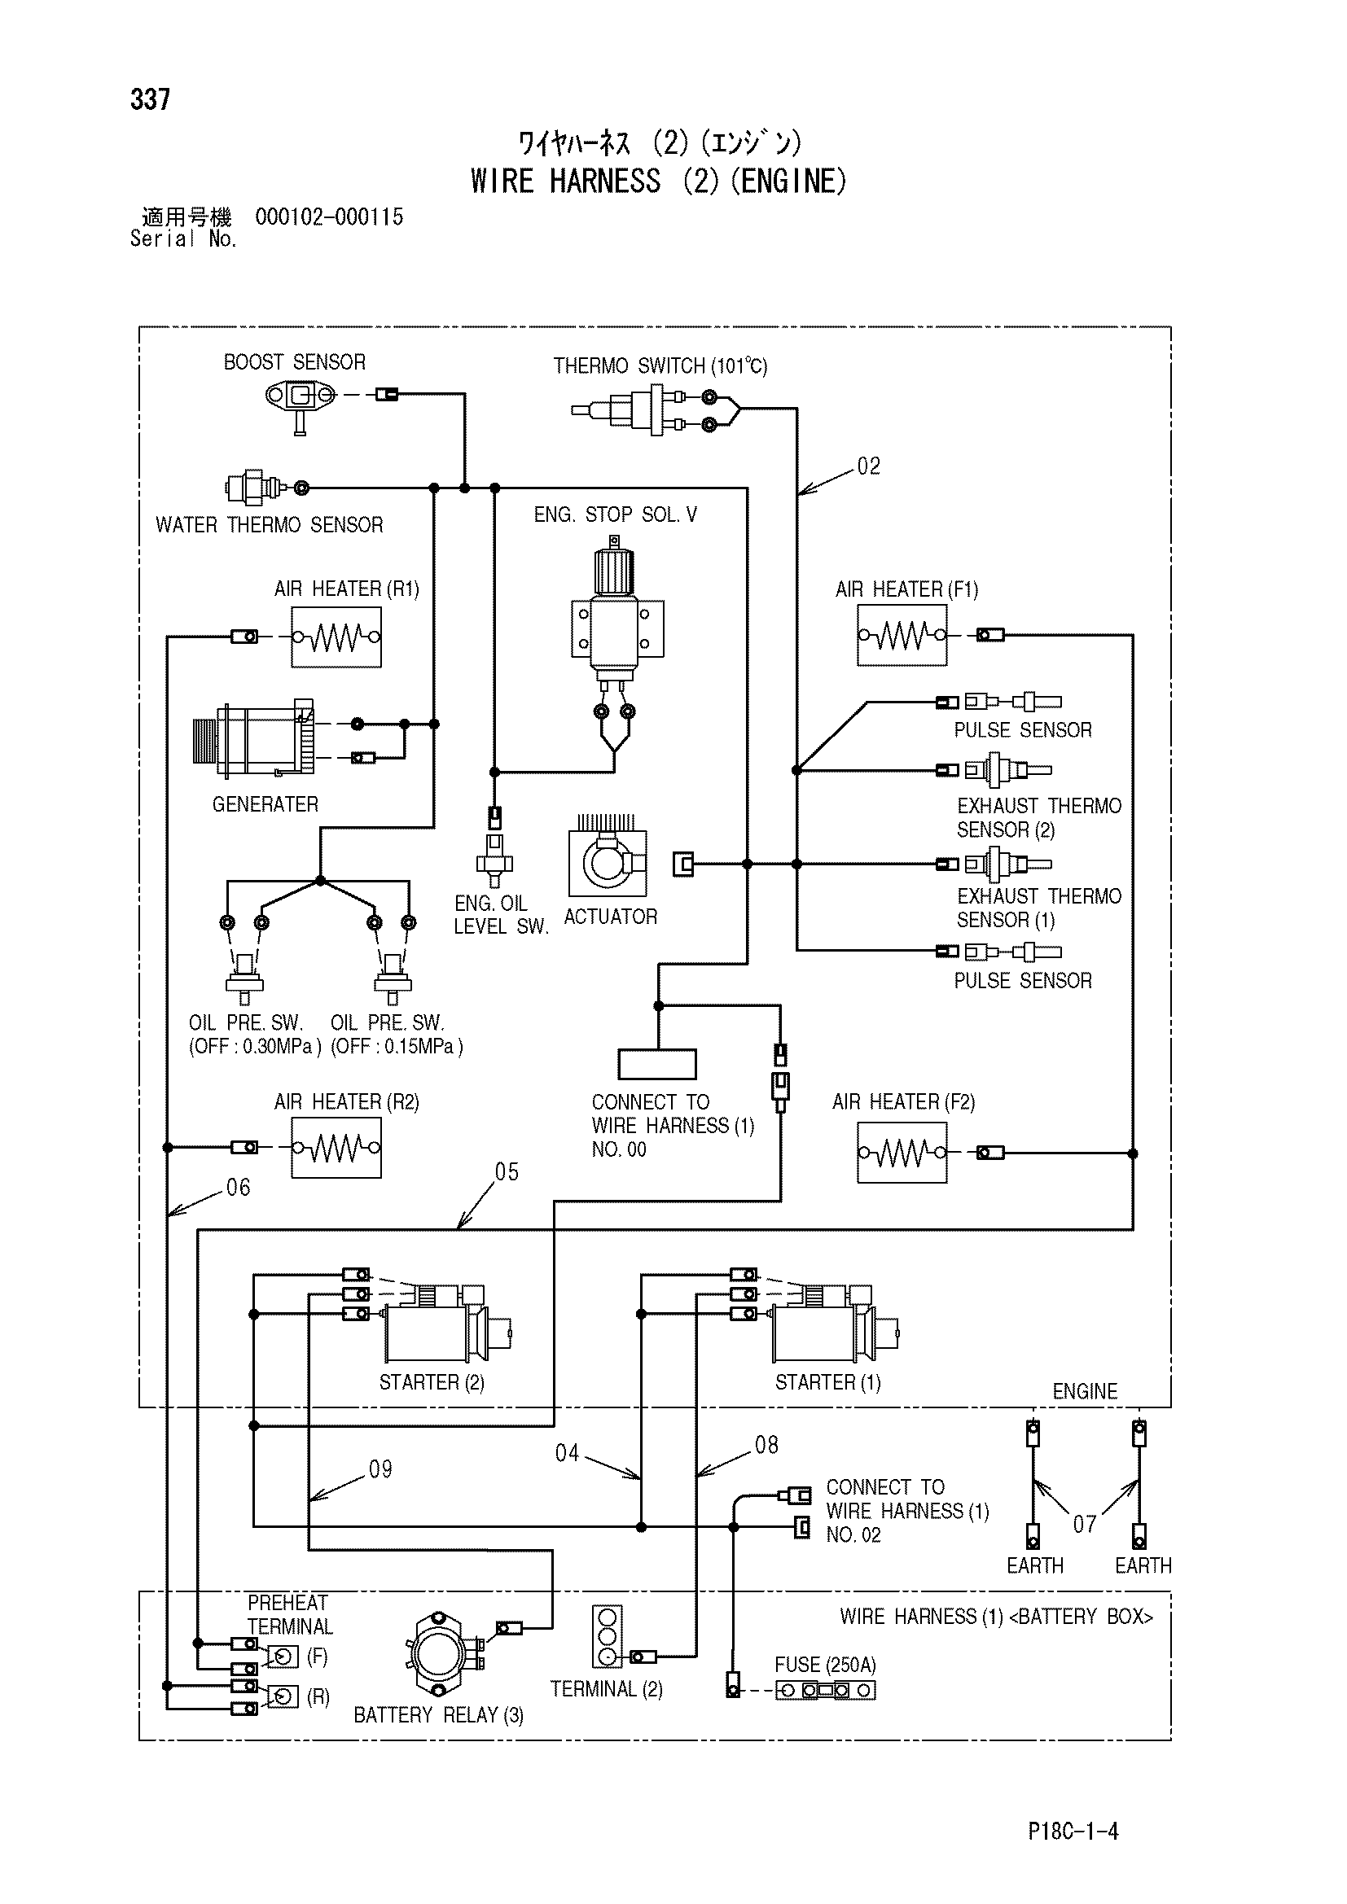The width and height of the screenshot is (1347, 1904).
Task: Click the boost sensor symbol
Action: tap(301, 403)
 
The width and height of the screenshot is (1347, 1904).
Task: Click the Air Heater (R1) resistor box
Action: tap(336, 637)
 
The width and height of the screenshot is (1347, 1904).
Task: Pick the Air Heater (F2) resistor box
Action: tap(902, 1153)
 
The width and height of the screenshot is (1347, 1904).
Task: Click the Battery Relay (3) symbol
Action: tap(445, 1654)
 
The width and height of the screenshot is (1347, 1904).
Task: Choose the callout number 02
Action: tap(868, 466)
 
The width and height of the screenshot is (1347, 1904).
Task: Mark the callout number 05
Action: tap(506, 1171)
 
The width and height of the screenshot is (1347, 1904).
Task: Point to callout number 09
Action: tap(380, 1469)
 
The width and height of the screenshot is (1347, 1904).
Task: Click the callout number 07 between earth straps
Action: tap(1085, 1524)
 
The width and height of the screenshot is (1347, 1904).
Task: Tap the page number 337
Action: tap(150, 99)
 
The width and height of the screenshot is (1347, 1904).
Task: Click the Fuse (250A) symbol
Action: tap(825, 1690)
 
